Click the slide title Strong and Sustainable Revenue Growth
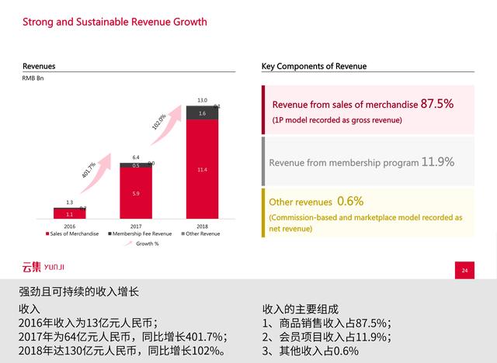[114, 22]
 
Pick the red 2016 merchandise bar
[70, 213]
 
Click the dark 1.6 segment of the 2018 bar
[202, 113]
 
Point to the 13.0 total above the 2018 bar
[202, 100]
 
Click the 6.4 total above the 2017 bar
[136, 157]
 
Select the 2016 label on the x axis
[70, 225]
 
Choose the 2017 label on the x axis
[136, 225]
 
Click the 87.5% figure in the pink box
[437, 103]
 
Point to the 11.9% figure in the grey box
[437, 162]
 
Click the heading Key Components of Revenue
[314, 67]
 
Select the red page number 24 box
[464, 270]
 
